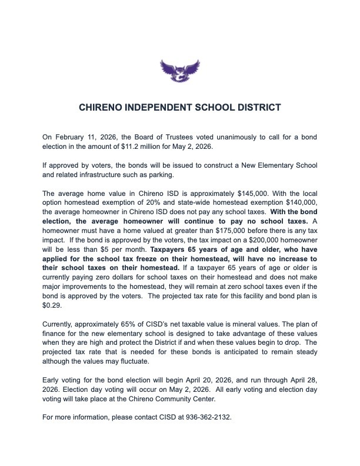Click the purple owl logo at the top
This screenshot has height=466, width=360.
[180, 71]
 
